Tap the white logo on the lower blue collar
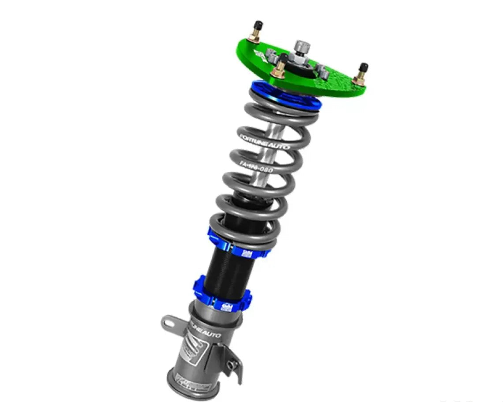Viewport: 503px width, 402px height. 226,305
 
